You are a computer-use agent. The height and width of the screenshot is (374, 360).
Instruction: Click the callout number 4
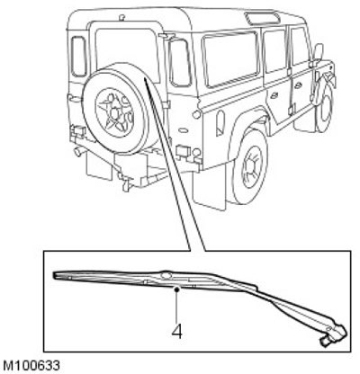point(177,332)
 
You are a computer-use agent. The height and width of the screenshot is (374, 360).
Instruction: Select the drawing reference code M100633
point(31,366)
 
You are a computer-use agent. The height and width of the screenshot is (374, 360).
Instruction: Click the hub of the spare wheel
point(114,112)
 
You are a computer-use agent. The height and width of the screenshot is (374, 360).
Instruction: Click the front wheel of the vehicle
point(325,108)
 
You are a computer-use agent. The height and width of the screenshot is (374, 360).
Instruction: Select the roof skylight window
point(263,18)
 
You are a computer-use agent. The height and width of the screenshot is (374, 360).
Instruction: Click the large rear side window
point(230,58)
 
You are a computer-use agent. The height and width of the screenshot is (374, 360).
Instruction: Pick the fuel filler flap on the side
point(220,123)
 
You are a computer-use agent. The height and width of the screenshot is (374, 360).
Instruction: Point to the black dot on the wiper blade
point(177,289)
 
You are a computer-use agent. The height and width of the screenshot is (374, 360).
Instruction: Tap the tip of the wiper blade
point(54,275)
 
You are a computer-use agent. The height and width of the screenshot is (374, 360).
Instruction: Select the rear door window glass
point(127,51)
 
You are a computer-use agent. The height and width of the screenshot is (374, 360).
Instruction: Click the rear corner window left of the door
point(79,56)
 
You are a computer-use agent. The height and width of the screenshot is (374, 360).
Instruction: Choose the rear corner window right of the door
point(180,63)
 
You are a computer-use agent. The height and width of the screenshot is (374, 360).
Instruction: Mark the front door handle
point(298,85)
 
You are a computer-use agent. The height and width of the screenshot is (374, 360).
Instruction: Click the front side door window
point(299,46)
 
